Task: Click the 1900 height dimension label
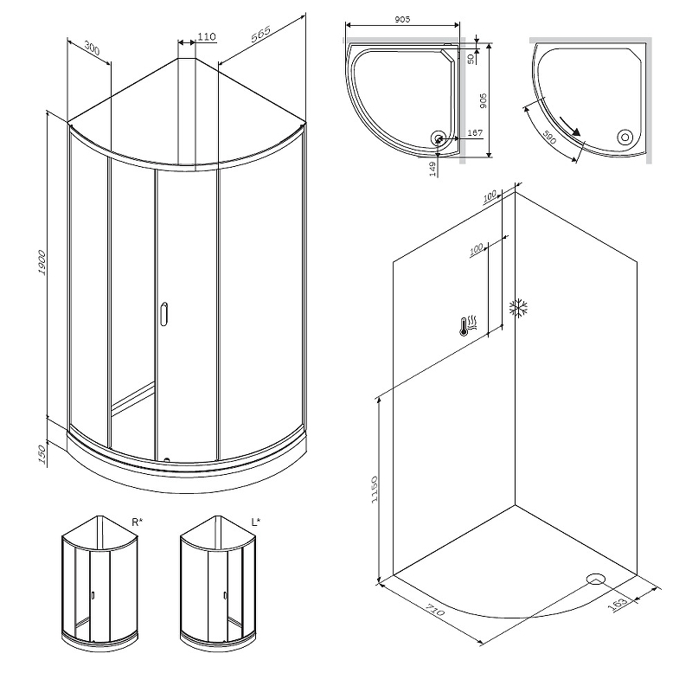(42, 263)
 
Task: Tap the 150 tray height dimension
(42, 454)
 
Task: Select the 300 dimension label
(92, 48)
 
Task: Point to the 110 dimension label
(207, 36)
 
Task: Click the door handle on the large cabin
(164, 314)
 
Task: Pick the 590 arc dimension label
(548, 138)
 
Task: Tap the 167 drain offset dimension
(474, 132)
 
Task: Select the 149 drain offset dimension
(432, 169)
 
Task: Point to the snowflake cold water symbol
(518, 309)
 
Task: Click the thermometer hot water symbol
(468, 326)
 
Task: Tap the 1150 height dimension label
(375, 490)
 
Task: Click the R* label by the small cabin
(138, 522)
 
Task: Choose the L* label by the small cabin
(256, 522)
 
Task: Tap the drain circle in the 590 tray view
(625, 138)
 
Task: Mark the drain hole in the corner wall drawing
(596, 579)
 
